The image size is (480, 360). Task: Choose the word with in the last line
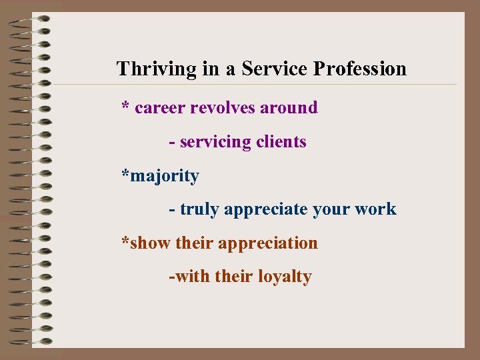pos(193,276)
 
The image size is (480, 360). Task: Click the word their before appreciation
pos(195,243)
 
